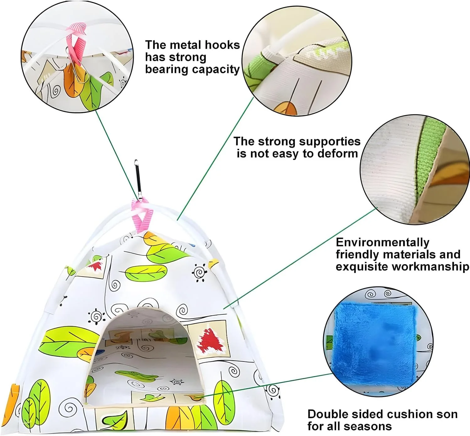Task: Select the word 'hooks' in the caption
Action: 223,45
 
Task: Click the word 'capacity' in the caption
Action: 217,69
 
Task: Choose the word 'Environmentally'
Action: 382,242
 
